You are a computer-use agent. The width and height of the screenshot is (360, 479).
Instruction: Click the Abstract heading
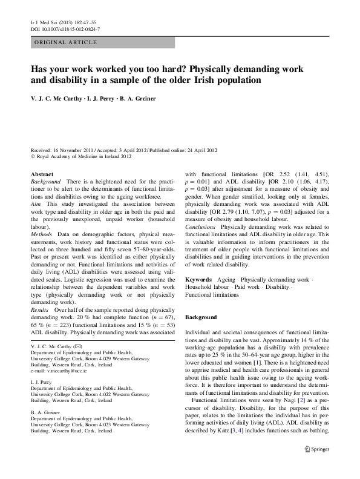point(42,174)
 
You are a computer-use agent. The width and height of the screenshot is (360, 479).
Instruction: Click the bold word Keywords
point(198,279)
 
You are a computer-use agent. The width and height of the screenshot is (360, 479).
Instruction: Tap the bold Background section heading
point(201,317)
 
